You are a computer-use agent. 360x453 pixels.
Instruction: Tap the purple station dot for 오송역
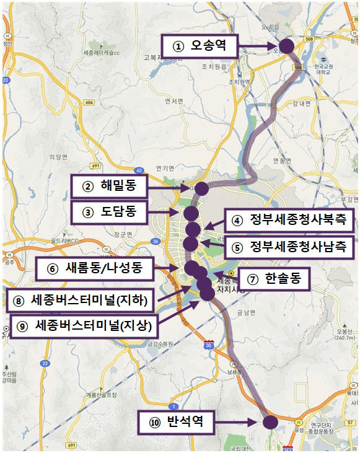click(x=286, y=46)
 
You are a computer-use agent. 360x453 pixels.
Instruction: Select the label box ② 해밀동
click(x=109, y=185)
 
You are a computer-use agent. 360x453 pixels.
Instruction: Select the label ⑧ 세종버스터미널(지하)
click(x=81, y=301)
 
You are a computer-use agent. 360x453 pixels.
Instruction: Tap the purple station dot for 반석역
click(x=270, y=423)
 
